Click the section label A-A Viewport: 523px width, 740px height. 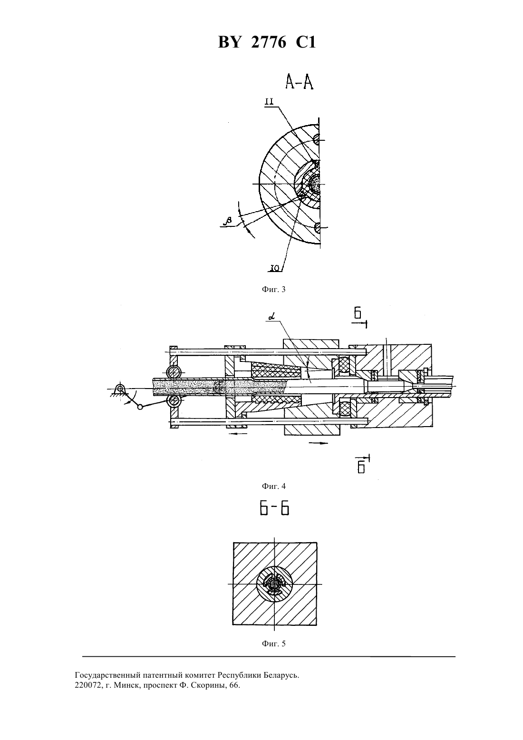(x=299, y=82)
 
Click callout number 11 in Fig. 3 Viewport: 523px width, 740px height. (x=269, y=101)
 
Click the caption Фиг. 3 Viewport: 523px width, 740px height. (x=273, y=290)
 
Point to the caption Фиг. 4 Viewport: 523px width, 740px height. (x=273, y=486)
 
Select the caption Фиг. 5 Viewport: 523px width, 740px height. (x=273, y=643)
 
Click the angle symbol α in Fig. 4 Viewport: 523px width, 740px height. (x=272, y=318)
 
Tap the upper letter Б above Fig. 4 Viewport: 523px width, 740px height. (x=358, y=313)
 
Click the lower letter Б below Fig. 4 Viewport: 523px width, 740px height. (x=361, y=468)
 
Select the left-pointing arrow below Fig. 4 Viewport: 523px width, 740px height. (x=237, y=433)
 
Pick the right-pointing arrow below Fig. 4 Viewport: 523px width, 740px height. (x=318, y=443)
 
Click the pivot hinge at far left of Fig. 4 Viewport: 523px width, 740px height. (x=120, y=388)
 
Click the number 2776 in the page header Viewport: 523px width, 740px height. (x=269, y=43)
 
